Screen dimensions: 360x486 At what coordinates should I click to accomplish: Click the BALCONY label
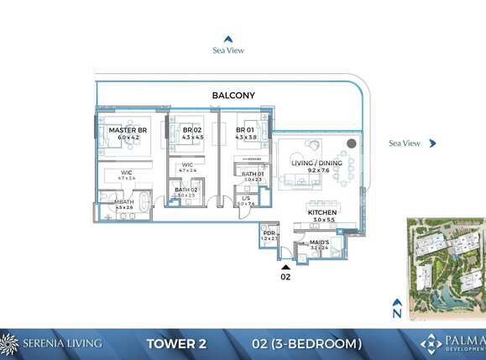(233, 96)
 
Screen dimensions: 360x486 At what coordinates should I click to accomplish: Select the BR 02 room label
(193, 130)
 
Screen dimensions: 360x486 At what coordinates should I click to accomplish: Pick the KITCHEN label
(321, 213)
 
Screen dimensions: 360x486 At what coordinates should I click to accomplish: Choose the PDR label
(269, 233)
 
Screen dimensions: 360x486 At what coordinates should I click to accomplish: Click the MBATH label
(124, 202)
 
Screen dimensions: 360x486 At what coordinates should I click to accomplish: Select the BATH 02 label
(186, 190)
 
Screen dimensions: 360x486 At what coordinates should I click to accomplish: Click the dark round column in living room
(351, 144)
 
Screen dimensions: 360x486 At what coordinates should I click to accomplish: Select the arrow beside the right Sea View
(432, 143)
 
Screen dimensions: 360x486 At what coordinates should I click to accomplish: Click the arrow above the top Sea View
(227, 38)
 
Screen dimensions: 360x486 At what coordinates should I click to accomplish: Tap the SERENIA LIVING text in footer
(64, 343)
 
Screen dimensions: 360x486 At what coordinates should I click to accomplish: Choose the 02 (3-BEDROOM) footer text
(306, 343)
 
